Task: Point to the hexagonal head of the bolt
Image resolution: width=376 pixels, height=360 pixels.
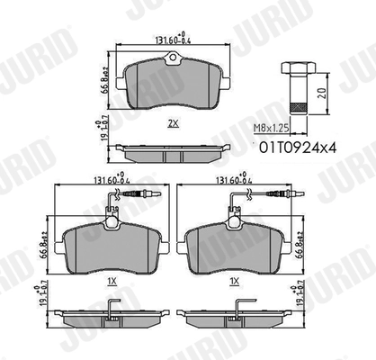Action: click(295, 68)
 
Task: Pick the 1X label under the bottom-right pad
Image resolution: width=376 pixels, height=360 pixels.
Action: click(234, 282)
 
